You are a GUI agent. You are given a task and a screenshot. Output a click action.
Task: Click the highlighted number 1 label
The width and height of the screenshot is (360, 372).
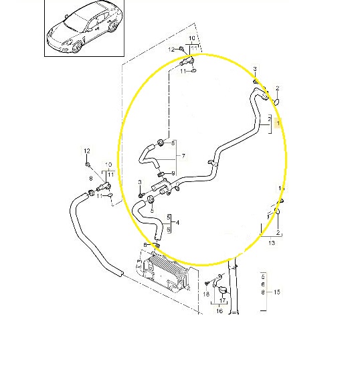tap(278, 123)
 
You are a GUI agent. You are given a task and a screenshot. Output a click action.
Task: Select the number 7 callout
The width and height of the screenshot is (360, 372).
tap(183, 156)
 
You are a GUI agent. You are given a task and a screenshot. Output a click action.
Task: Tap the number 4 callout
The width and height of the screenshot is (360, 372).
tap(177, 223)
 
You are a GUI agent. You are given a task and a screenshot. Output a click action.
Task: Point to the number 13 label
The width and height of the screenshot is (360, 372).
tap(271, 243)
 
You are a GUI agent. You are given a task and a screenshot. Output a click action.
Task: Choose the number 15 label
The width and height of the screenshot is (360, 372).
tap(277, 292)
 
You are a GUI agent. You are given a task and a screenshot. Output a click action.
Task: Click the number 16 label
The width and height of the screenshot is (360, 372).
tap(219, 310)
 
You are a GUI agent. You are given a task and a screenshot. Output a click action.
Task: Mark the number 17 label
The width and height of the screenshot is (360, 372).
tap(222, 300)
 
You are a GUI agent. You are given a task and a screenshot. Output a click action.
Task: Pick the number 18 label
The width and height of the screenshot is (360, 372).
tap(206, 294)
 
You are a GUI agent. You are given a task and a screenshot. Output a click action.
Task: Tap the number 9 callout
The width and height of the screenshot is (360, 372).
tap(173, 173)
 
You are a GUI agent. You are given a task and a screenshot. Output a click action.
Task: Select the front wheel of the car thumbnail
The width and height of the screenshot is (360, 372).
tap(77, 45)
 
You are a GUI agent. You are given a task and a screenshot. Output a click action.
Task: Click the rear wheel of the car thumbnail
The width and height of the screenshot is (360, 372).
tap(112, 26)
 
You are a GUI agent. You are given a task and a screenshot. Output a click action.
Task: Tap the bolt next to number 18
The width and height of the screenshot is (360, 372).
tap(207, 283)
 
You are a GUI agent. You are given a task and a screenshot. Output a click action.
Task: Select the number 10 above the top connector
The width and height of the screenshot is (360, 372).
tap(192, 38)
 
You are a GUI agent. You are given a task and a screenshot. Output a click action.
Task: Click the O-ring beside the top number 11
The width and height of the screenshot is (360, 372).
tap(193, 70)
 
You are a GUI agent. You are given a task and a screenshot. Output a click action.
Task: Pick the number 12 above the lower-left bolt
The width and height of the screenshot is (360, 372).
tap(87, 151)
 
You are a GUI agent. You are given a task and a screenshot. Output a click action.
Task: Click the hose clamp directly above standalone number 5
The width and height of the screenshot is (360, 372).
tap(150, 199)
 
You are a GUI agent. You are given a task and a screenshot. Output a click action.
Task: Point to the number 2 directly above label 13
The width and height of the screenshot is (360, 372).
tap(278, 232)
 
